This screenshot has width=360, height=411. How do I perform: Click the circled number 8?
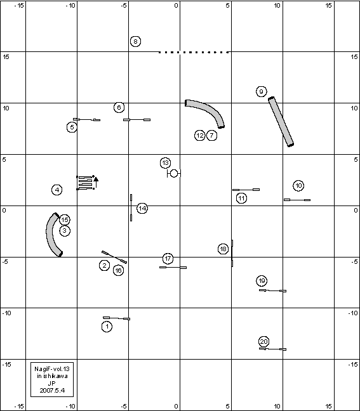point(135,41)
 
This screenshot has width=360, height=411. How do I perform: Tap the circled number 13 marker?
point(165,163)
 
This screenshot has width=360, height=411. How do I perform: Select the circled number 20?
point(263,341)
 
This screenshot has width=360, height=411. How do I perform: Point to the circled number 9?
point(261,91)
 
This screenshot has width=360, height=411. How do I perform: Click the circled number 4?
point(57,190)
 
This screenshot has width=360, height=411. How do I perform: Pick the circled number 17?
point(168,259)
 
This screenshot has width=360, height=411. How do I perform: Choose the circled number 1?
point(107,327)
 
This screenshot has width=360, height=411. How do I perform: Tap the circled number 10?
point(298,186)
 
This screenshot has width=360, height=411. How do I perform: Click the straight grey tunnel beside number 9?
point(281,122)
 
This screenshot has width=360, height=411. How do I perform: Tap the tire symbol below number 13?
point(174,173)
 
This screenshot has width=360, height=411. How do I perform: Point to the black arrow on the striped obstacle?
point(96,183)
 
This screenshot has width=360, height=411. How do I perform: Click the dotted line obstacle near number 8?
point(194,52)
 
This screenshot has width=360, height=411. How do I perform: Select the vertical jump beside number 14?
point(131,207)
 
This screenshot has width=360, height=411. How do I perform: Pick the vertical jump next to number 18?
point(232,253)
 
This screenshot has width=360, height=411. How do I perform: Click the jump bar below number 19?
point(272,290)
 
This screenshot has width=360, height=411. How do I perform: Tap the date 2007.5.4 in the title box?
point(52,390)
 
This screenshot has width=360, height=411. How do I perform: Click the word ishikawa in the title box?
point(55,376)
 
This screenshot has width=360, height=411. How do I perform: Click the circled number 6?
point(119,107)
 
